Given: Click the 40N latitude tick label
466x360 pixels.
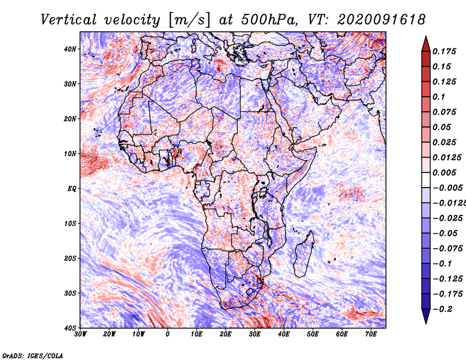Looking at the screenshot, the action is (70, 49).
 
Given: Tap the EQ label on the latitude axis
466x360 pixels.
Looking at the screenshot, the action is (72, 189).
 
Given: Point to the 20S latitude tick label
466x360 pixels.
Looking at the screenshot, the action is (70, 258).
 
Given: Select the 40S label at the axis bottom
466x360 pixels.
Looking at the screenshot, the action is (70, 328).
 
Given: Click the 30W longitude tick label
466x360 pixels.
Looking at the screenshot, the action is (80, 334).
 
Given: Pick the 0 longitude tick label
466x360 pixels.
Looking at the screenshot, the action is (168, 334).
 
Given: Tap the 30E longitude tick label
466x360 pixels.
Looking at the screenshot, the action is (255, 334).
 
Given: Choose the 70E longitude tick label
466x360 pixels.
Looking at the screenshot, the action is (371, 334).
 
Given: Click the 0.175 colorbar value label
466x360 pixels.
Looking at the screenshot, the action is (444, 51).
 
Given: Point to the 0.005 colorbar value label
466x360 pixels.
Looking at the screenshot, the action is (444, 172).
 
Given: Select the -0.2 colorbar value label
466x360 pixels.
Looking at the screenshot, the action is (442, 309).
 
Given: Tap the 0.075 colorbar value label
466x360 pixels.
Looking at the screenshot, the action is (444, 112).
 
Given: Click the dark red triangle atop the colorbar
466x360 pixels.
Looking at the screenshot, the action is (426, 45).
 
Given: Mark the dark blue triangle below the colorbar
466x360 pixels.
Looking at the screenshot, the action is (426, 315).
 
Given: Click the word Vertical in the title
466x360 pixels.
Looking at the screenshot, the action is (69, 20).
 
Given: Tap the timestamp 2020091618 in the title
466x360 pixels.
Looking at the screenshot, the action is (381, 20).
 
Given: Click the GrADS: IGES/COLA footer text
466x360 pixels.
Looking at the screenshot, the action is (33, 355).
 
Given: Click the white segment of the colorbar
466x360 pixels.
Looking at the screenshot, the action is (426, 180).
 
